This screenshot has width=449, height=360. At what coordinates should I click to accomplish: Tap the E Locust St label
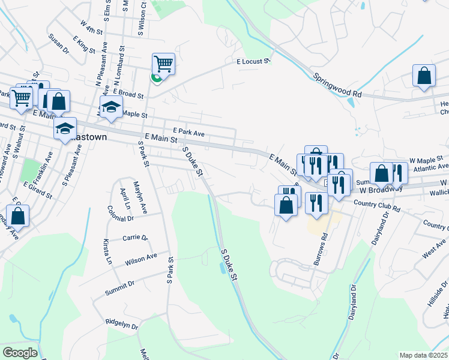tap(253, 61)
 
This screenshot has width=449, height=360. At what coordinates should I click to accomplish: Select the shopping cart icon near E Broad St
tap(163, 64)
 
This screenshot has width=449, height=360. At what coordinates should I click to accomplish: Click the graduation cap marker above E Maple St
tap(111, 107)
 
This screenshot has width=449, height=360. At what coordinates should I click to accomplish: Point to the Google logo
tap(20, 353)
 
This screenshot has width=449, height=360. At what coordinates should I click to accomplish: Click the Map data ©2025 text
tap(423, 355)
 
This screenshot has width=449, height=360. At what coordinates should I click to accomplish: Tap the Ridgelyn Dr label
tap(122, 324)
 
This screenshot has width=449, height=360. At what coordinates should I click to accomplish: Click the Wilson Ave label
tap(141, 259)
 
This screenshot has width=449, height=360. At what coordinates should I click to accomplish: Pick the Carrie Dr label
tap(135, 238)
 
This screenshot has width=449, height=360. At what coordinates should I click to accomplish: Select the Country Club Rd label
tap(377, 205)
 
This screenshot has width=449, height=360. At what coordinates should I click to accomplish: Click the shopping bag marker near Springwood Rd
tap(424, 76)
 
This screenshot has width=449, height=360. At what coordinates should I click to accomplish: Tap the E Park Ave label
tap(188, 130)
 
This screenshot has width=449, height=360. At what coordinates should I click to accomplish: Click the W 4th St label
tap(91, 26)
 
